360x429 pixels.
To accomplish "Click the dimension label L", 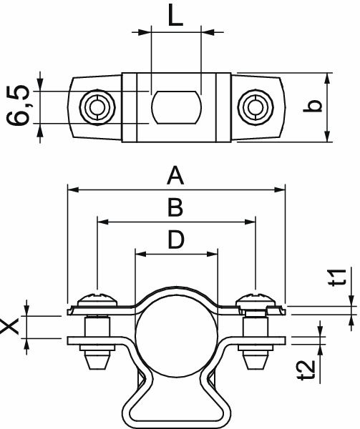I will (x=175, y=15).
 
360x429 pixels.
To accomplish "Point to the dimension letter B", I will (x=175, y=208).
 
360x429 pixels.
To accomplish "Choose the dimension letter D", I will (x=175, y=240).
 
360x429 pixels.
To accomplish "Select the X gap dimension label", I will (x=10, y=327).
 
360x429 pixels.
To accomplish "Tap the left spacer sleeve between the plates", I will (x=96, y=327).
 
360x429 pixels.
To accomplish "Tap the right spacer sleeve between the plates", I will (x=255, y=327).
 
